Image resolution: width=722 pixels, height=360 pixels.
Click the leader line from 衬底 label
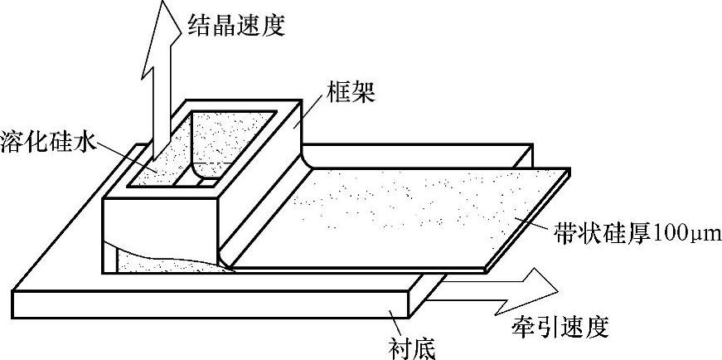click(396, 322)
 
